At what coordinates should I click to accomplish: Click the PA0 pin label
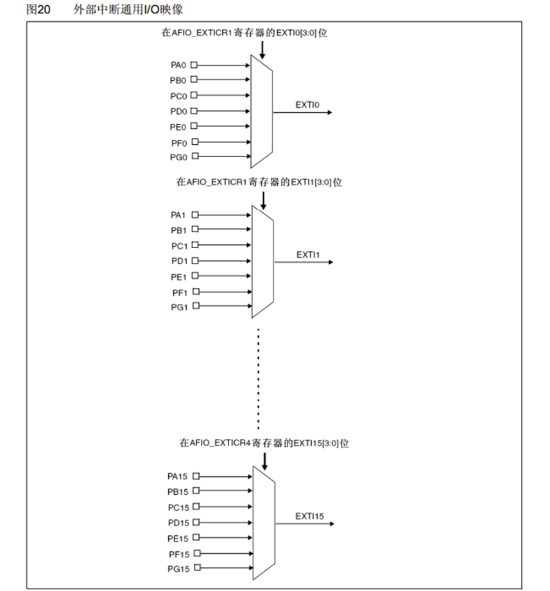(x=178, y=65)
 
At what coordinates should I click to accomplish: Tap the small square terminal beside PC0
(x=194, y=96)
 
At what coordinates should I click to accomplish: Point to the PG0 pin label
(x=178, y=157)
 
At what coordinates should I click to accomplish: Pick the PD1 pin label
(x=179, y=261)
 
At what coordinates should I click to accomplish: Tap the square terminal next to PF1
(x=195, y=292)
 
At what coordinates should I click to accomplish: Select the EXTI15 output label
(x=309, y=515)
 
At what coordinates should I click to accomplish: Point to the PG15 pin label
(x=176, y=569)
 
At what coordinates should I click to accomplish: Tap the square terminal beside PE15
(x=196, y=537)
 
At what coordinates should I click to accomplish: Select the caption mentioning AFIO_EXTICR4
(x=264, y=443)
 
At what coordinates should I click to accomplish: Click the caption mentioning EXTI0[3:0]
(x=245, y=32)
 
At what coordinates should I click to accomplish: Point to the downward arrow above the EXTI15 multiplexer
(x=264, y=460)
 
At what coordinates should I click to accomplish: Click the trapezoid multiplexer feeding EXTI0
(x=262, y=110)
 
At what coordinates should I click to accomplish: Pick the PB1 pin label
(x=179, y=230)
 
